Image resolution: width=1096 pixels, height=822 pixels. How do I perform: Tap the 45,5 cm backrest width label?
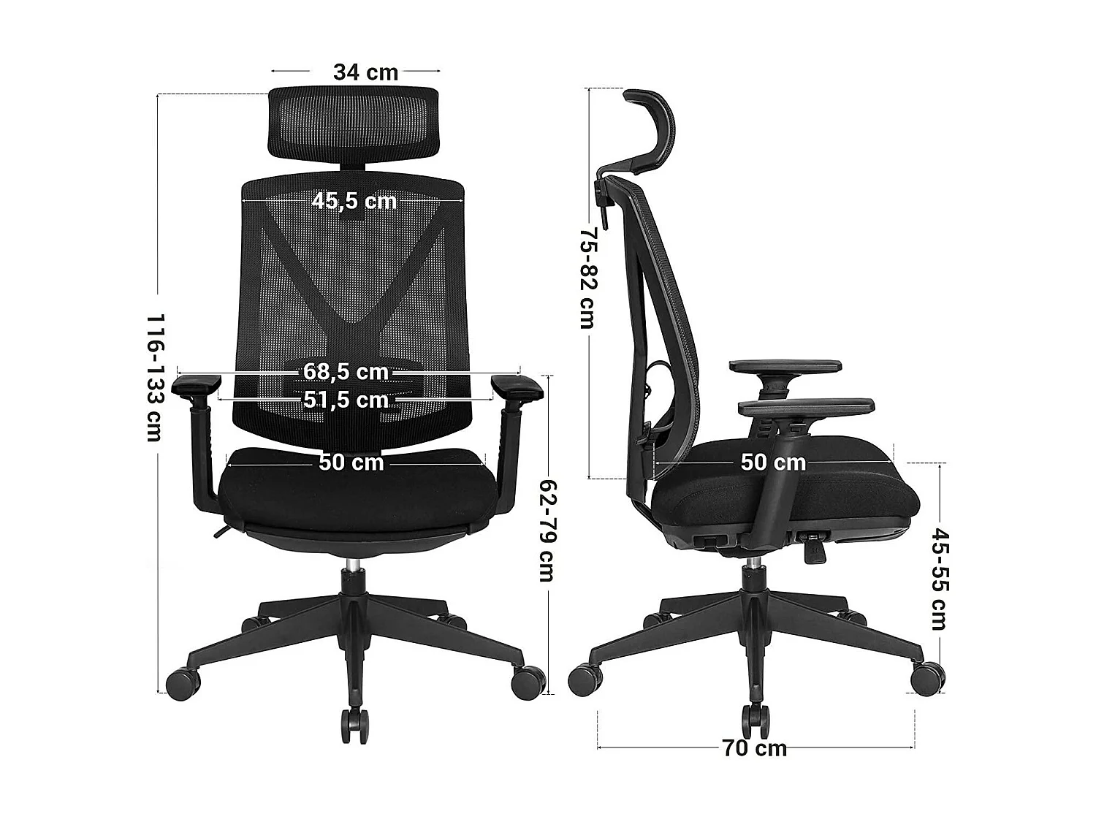coord(354,200)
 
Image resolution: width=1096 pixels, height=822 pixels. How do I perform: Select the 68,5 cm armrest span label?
coord(346,372)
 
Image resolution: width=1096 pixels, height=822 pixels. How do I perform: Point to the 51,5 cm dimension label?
coord(346,400)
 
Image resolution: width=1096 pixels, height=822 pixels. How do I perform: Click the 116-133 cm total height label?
coord(154,378)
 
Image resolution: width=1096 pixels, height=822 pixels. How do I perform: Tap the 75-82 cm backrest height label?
coord(588,278)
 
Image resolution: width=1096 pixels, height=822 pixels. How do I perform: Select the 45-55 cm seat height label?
coord(937,579)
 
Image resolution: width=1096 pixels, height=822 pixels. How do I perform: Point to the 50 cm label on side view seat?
coord(773,463)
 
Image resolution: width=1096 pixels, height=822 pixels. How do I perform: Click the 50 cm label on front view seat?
coord(351,463)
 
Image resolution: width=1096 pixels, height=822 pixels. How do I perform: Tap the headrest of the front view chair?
coord(354,122)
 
